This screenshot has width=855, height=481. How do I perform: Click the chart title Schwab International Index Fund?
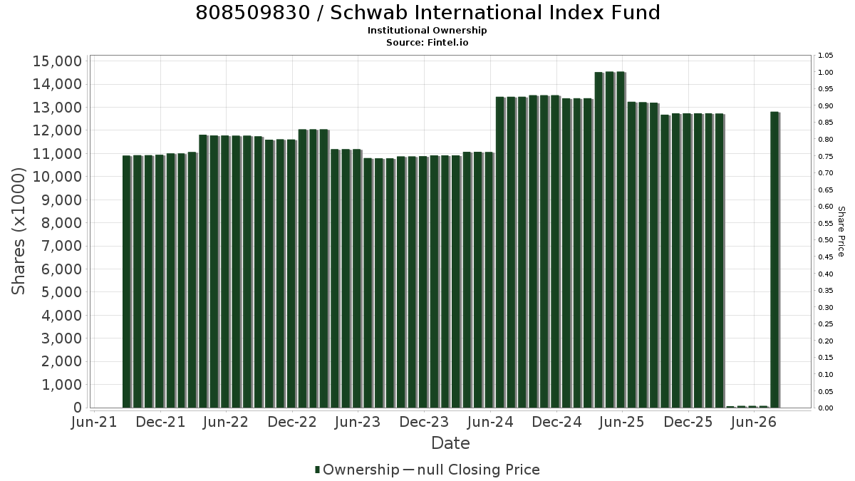pyautogui.click(x=495, y=13)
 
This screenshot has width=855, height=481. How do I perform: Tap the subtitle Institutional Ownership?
pyautogui.click(x=427, y=31)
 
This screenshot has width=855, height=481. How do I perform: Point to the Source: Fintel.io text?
pyautogui.click(x=427, y=42)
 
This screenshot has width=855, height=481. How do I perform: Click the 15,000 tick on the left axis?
pyautogui.click(x=57, y=61)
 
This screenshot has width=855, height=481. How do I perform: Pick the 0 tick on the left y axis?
pyautogui.click(x=78, y=408)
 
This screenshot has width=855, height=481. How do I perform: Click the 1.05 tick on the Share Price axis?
pyautogui.click(x=826, y=56)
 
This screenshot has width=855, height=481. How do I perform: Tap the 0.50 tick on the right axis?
pyautogui.click(x=826, y=240)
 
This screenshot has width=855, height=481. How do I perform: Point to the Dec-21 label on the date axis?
pyautogui.click(x=160, y=422)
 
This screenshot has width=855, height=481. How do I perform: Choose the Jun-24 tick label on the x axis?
pyautogui.click(x=490, y=422)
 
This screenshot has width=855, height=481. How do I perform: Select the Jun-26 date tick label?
pyautogui.click(x=755, y=422)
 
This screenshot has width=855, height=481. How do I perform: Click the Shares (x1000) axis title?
pyautogui.click(x=18, y=232)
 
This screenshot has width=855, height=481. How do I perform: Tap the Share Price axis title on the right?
pyautogui.click(x=841, y=232)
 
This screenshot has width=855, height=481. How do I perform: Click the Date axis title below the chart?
pyautogui.click(x=450, y=443)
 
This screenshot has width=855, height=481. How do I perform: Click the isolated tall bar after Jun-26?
pyautogui.click(x=775, y=259)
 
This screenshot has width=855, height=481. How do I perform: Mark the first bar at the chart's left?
pyautogui.click(x=127, y=281)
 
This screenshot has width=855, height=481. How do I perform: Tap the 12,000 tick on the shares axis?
pyautogui.click(x=57, y=130)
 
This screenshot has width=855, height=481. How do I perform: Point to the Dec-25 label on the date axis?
pyautogui.click(x=688, y=422)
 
